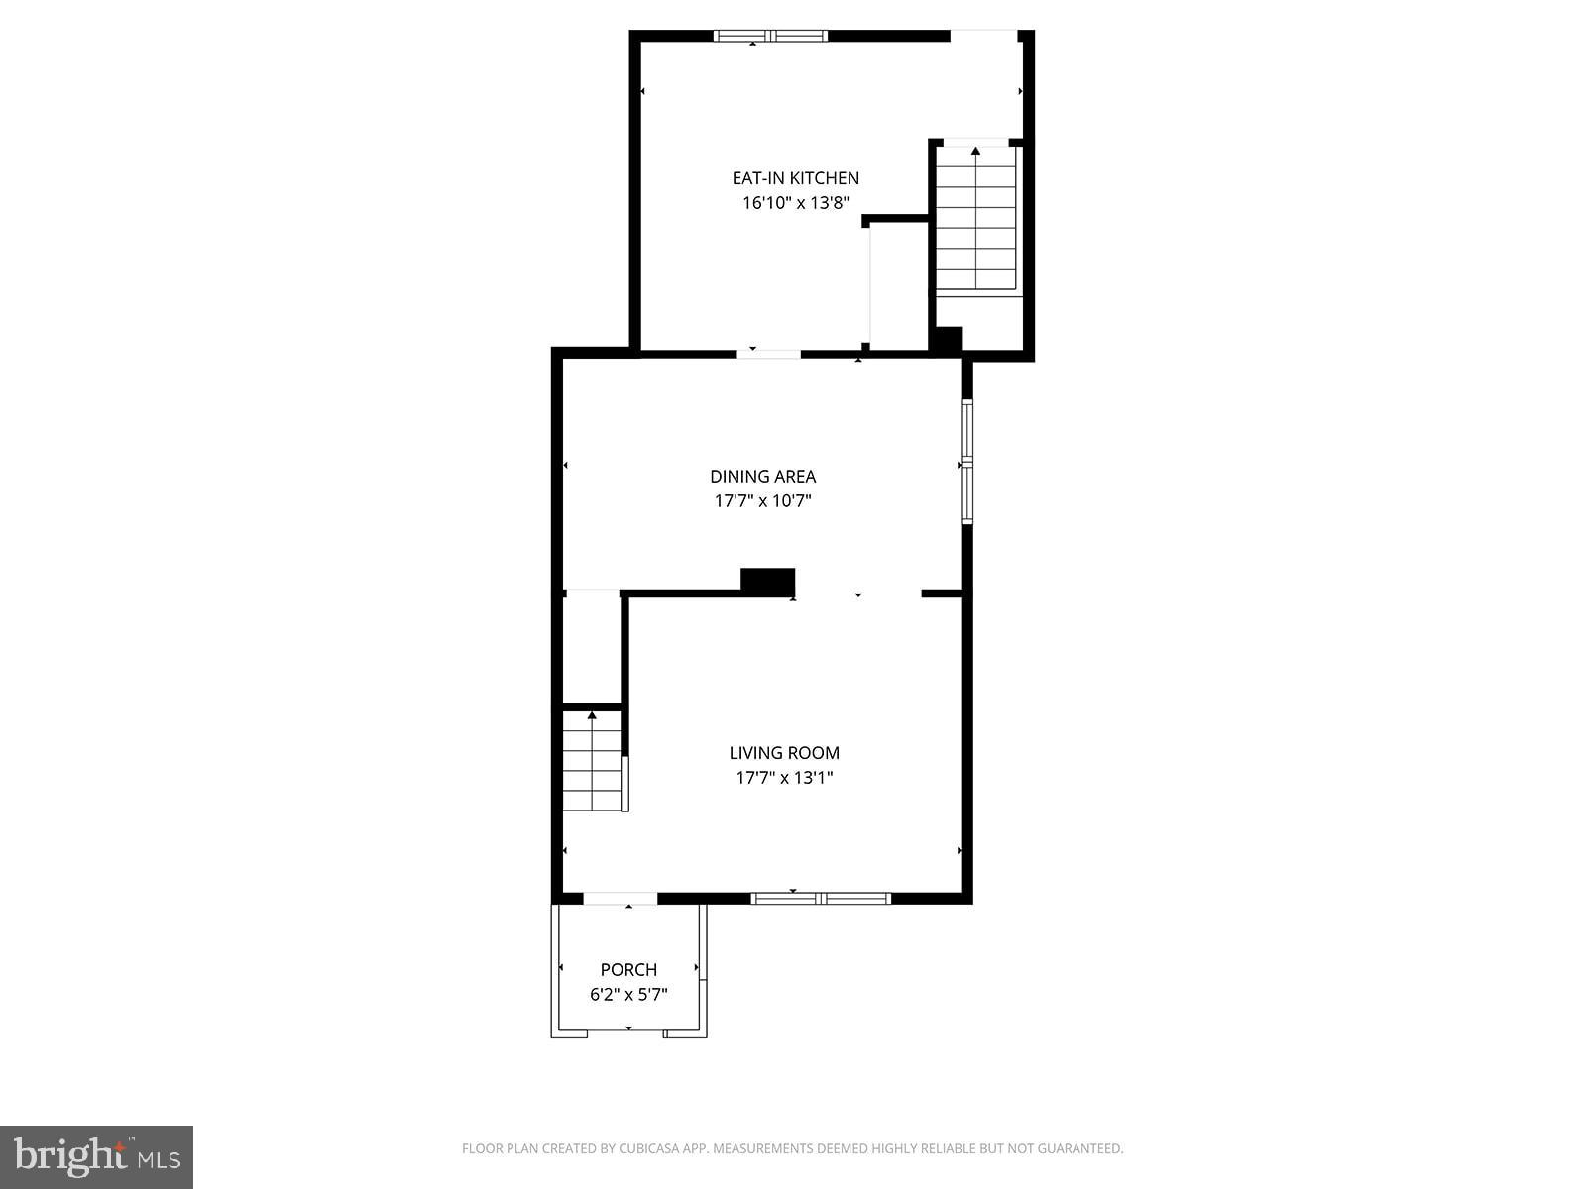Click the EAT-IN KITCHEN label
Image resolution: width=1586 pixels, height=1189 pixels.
point(795,178)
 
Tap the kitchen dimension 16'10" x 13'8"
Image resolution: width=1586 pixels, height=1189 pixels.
point(795,203)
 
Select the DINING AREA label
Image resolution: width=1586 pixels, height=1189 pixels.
point(762,477)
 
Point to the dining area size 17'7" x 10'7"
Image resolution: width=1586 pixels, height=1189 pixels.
point(762,501)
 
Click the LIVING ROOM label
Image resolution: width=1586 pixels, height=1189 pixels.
point(784,753)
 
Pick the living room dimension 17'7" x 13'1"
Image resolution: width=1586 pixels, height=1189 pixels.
point(784,778)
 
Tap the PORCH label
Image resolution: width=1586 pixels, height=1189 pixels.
point(628,969)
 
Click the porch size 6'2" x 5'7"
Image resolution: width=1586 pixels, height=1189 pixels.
point(628,994)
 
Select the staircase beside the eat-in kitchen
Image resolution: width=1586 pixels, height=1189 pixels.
point(976,220)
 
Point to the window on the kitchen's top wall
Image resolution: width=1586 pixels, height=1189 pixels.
point(770,37)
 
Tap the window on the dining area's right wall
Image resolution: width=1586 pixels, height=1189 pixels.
point(966,461)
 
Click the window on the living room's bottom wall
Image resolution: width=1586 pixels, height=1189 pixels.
point(821,899)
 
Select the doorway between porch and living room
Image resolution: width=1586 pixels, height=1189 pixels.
point(621,899)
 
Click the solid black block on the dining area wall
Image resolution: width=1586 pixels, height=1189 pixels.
point(768,582)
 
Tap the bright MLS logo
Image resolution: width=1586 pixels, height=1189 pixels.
point(96,1156)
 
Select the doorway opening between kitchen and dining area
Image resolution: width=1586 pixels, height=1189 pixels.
point(768,353)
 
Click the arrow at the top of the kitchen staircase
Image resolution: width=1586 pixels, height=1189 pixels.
point(975,151)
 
